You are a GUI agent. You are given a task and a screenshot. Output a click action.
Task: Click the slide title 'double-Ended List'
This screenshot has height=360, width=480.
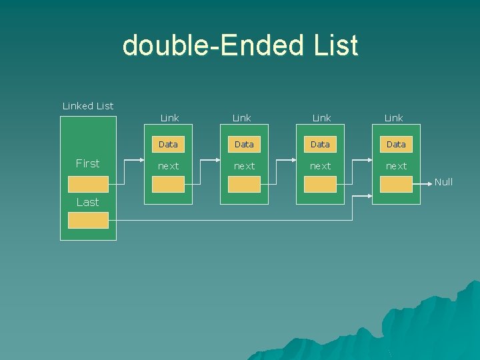tap(240, 46)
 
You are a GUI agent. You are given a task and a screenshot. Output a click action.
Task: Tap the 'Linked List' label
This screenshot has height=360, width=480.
tap(88, 106)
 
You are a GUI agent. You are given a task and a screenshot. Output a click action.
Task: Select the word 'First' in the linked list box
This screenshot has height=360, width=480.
tap(88, 163)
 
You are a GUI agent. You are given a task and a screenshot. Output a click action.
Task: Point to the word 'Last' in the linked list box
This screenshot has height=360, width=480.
tap(87, 202)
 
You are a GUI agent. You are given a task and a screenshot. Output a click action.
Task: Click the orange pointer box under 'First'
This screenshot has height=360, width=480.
tap(88, 184)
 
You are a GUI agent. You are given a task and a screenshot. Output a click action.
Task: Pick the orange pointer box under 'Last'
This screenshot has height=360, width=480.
tap(89, 220)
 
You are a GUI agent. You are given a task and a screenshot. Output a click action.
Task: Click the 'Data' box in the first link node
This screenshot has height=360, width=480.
tap(168, 144)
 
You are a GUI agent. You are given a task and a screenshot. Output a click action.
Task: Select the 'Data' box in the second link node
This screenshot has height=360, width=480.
tap(244, 144)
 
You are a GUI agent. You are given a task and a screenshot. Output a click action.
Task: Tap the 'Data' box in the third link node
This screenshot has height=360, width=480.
tap(320, 144)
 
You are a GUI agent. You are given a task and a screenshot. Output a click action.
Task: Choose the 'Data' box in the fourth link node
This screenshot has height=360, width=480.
tap(396, 144)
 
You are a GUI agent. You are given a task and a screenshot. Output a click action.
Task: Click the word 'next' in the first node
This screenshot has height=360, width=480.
tap(168, 166)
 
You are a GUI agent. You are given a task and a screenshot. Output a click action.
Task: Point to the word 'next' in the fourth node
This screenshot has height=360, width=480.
tap(396, 166)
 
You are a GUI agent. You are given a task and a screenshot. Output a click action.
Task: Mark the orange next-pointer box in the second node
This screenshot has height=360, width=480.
tap(244, 185)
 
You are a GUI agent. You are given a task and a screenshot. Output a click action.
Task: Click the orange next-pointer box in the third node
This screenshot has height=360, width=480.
tap(320, 185)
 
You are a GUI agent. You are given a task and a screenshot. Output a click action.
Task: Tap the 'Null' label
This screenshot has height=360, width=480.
tap(443, 182)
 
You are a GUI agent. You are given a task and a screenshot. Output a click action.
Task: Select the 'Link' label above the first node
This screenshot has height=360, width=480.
tap(170, 118)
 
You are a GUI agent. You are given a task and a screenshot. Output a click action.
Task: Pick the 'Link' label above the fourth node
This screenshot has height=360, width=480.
tap(394, 118)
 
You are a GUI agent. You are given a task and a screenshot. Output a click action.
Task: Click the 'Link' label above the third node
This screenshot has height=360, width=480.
tap(322, 118)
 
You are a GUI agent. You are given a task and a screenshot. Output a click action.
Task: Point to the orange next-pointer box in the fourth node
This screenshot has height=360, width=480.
tap(396, 185)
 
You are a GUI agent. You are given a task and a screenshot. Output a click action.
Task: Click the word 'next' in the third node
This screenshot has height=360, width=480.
tap(320, 166)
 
